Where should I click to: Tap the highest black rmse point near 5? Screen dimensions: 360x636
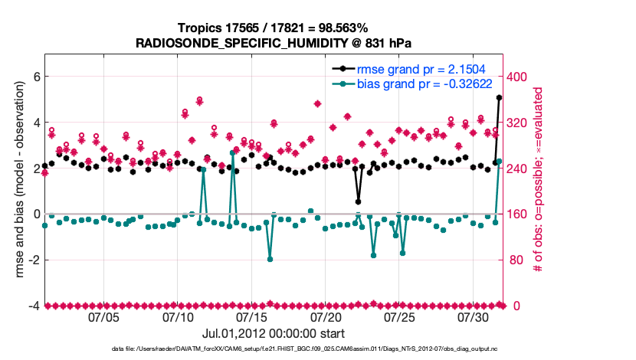click(x=499, y=98)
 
